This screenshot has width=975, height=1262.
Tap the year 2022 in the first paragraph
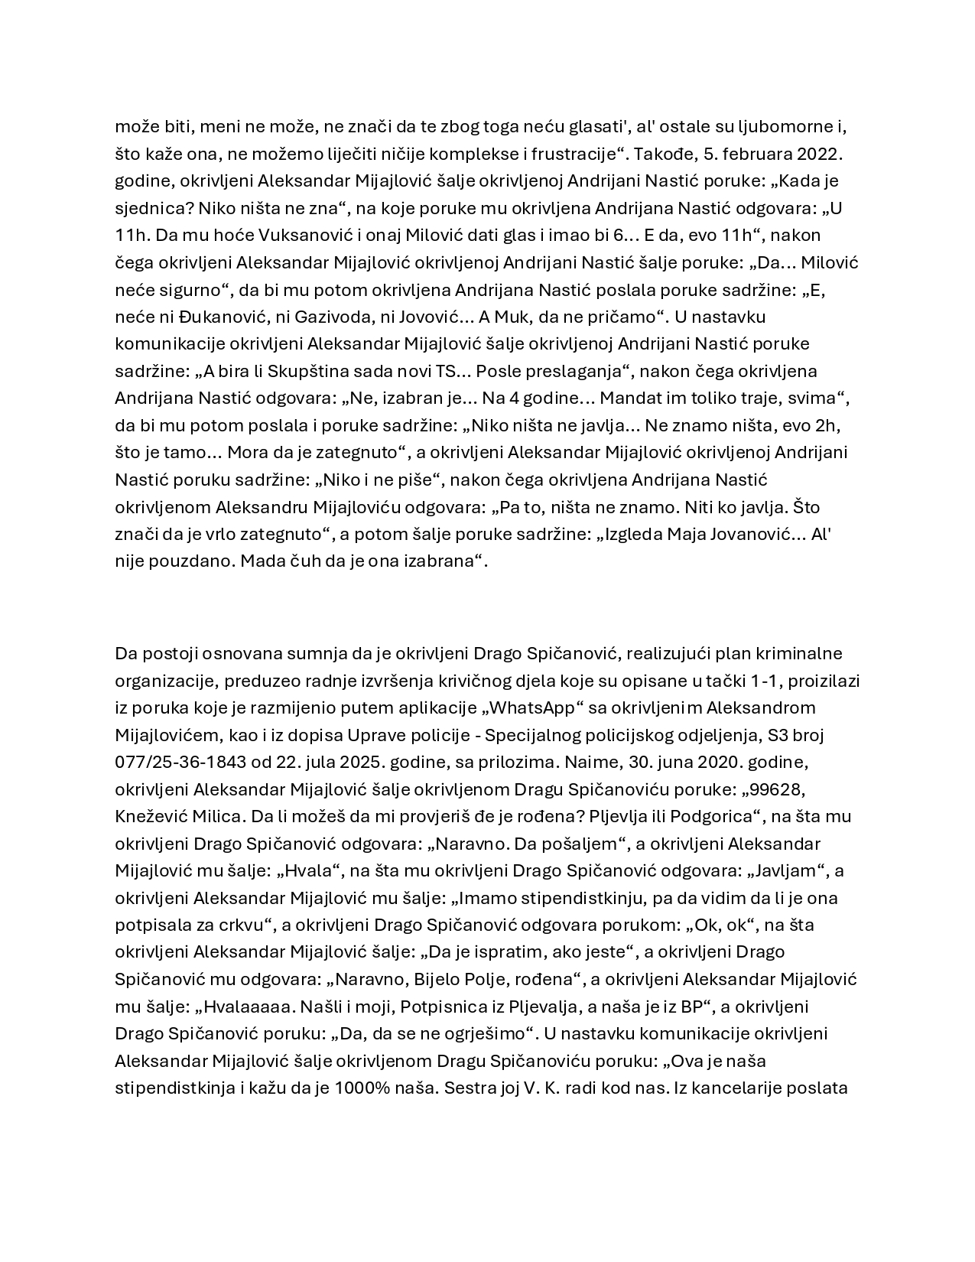click(818, 154)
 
